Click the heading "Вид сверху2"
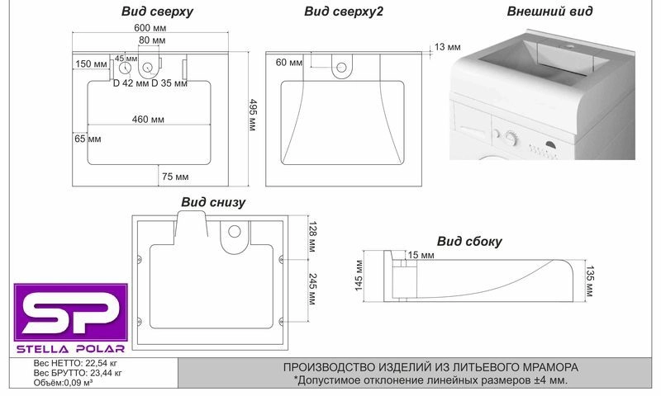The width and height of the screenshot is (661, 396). (343, 12)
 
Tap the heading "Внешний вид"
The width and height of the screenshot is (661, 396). (549, 12)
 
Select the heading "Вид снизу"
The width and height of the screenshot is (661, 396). (213, 201)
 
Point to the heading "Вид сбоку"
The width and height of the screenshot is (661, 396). (469, 241)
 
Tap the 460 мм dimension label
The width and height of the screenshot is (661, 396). (148, 120)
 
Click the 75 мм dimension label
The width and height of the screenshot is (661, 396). (175, 177)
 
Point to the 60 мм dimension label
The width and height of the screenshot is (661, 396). (289, 63)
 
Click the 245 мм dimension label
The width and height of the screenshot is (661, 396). (311, 289)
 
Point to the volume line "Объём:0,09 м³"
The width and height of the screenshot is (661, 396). (63, 382)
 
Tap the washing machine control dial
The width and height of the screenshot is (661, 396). (510, 138)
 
